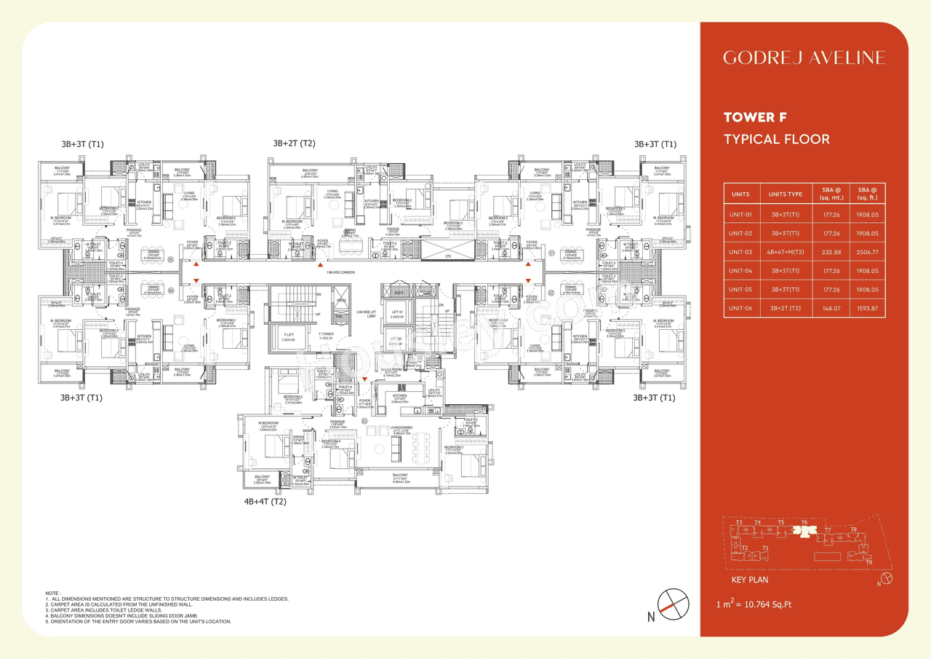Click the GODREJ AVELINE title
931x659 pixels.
804,58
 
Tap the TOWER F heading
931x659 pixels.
755,117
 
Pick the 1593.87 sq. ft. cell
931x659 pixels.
868,308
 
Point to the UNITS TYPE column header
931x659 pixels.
785,194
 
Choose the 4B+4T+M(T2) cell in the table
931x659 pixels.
785,252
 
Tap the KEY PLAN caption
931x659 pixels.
749,580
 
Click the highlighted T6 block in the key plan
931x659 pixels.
804,532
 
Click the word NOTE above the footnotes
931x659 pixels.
53,593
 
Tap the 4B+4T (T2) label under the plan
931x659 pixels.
265,502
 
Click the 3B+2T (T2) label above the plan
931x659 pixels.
294,143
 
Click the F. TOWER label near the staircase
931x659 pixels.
326,334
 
